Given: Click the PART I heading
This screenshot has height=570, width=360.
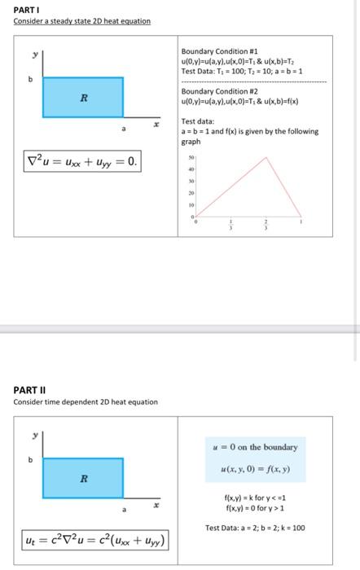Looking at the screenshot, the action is point(25,9).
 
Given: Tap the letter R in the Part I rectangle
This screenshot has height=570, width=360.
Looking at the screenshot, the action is point(82,99).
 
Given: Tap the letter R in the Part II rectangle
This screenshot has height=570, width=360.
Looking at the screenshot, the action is point(82,478).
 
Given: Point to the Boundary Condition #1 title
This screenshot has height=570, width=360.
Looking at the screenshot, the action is point(213,50).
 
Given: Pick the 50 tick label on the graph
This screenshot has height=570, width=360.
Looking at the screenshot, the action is point(191,155).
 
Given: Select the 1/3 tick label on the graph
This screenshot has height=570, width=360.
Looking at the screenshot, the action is point(231,226).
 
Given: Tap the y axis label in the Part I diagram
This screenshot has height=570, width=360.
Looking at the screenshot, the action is point(34,55).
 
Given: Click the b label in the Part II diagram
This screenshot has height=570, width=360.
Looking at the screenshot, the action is point(31,459).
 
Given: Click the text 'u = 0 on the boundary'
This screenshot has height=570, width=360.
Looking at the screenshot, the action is point(256,447).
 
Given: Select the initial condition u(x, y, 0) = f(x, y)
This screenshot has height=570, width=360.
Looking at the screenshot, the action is point(256,470).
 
